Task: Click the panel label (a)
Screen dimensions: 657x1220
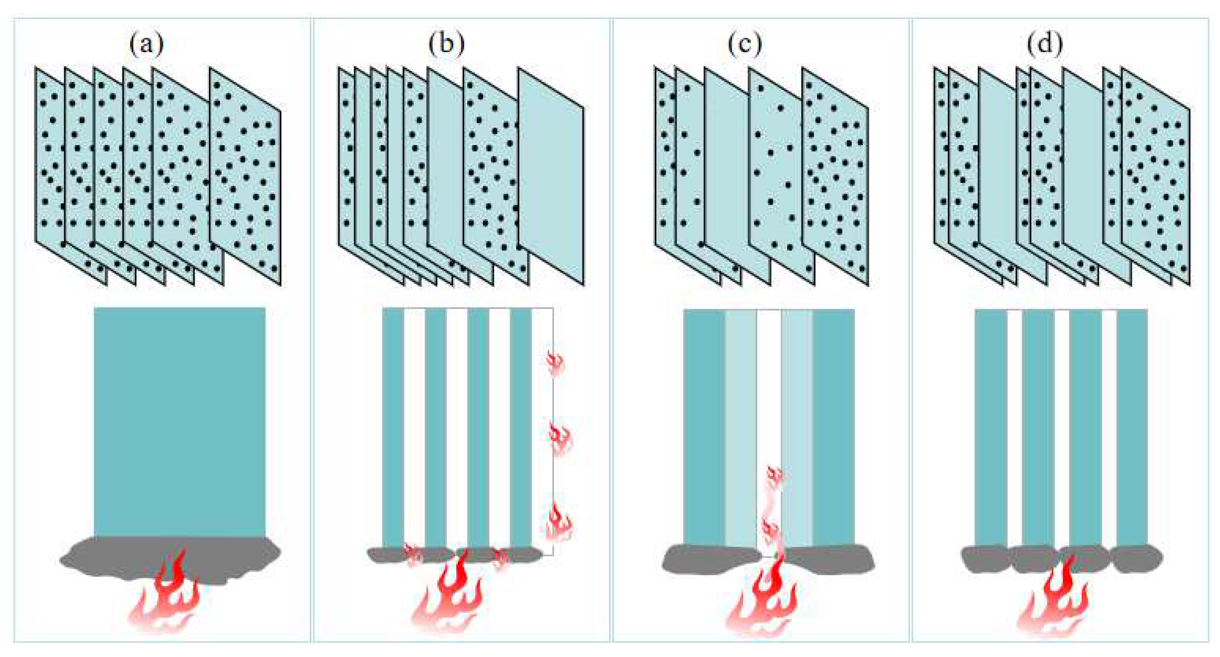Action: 146,44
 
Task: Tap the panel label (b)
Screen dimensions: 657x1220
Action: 446,44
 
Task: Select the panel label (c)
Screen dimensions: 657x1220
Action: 745,44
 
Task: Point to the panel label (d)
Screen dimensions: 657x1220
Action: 1045,44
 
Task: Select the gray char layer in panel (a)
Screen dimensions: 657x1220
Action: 95,561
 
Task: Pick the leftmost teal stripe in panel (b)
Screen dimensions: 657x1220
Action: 392,426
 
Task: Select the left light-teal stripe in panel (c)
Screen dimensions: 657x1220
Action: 740,426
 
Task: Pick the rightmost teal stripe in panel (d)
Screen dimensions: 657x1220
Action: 1131,426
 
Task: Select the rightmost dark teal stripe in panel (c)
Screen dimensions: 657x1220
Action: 833,426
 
